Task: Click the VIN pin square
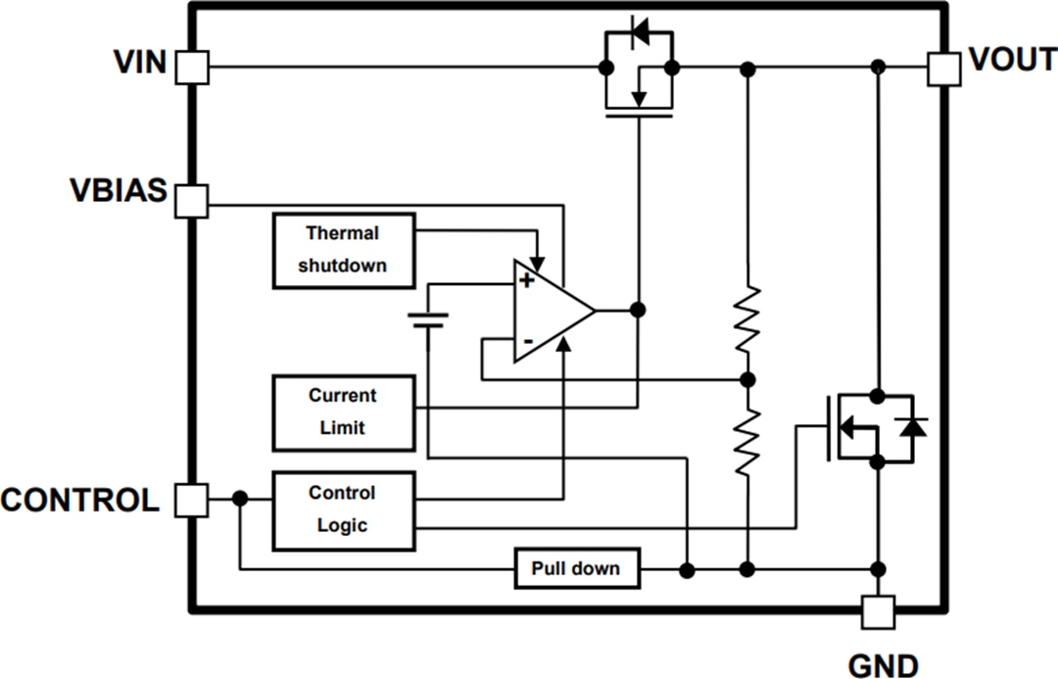[192, 68]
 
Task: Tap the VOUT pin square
[943, 69]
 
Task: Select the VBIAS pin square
[192, 201]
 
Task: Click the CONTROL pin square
[192, 500]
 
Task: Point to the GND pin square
[878, 612]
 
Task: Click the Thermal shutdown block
[343, 250]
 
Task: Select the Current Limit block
[343, 412]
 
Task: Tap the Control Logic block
[343, 509]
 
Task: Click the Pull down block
[577, 568]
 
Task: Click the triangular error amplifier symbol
[549, 311]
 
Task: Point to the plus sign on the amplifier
[527, 281]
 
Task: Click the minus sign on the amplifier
[527, 341]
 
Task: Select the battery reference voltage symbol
[429, 321]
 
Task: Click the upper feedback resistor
[747, 318]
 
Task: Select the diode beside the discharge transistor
[913, 426]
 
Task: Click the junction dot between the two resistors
[747, 379]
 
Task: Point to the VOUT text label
[1012, 61]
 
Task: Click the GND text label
[882, 664]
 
